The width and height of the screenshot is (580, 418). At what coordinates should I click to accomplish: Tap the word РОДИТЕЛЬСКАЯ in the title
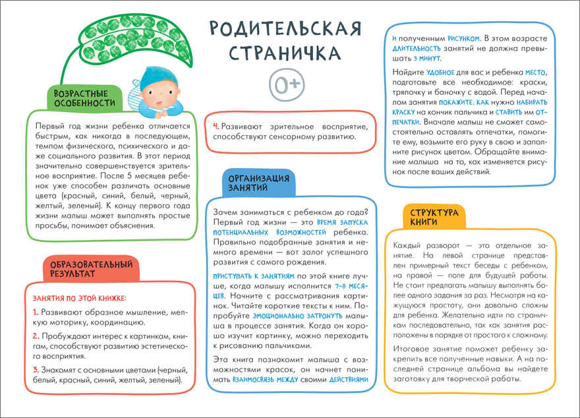pyautogui.click(x=285, y=28)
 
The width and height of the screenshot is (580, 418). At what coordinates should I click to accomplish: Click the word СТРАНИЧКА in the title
pyautogui.click(x=285, y=52)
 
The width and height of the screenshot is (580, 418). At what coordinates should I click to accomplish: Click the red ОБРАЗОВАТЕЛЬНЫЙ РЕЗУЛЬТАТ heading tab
pyautogui.click(x=92, y=267)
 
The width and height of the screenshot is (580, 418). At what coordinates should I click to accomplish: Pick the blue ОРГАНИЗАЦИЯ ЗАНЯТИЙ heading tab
pyautogui.click(x=258, y=183)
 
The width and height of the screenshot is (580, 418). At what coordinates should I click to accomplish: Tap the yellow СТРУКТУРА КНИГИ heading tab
pyautogui.click(x=434, y=218)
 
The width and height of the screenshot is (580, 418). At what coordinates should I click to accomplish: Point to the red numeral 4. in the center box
pyautogui.click(x=216, y=125)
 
